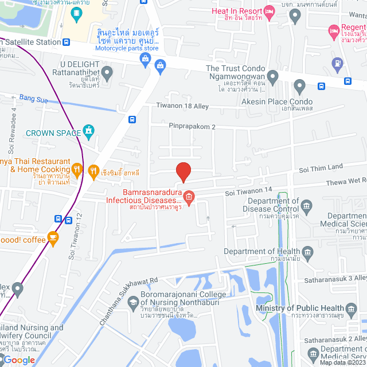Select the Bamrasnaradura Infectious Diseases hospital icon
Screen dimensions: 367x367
coord(189,197)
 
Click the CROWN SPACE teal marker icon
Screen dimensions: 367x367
coord(88,132)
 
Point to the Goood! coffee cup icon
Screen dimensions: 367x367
coord(53,238)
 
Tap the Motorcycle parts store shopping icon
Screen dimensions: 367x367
coord(160,64)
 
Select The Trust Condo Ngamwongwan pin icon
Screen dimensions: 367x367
coord(272,75)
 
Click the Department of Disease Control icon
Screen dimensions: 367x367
coord(307,205)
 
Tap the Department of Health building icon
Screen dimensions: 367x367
coord(307,251)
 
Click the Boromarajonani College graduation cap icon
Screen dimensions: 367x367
coord(133,302)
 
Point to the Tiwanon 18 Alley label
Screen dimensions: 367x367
coord(182,106)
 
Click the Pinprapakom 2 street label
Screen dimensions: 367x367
coord(192,126)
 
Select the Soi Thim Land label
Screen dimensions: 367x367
coord(321,168)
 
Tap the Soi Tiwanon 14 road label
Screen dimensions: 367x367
coord(248,190)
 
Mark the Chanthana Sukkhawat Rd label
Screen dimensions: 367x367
coord(128,301)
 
